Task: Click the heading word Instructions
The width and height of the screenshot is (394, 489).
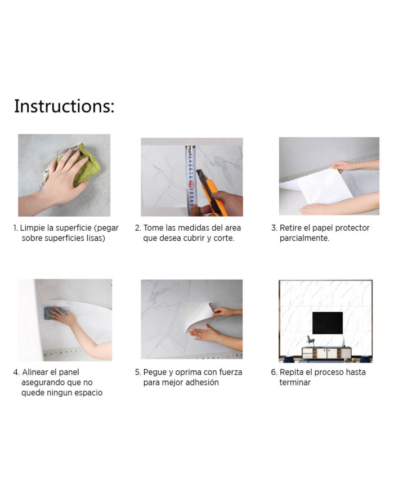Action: coord(64,106)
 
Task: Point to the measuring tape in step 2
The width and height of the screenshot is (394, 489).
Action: coord(191,180)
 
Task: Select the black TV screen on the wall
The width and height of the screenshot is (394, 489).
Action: coord(327,322)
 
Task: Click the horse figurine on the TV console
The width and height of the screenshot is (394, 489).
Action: coord(310,340)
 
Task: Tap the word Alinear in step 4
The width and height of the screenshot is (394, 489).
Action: coord(35,372)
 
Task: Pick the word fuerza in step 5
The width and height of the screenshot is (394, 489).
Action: coord(231,372)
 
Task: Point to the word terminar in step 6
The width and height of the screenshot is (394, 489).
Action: coord(295,382)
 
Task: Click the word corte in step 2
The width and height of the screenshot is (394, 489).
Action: coord(223,238)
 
